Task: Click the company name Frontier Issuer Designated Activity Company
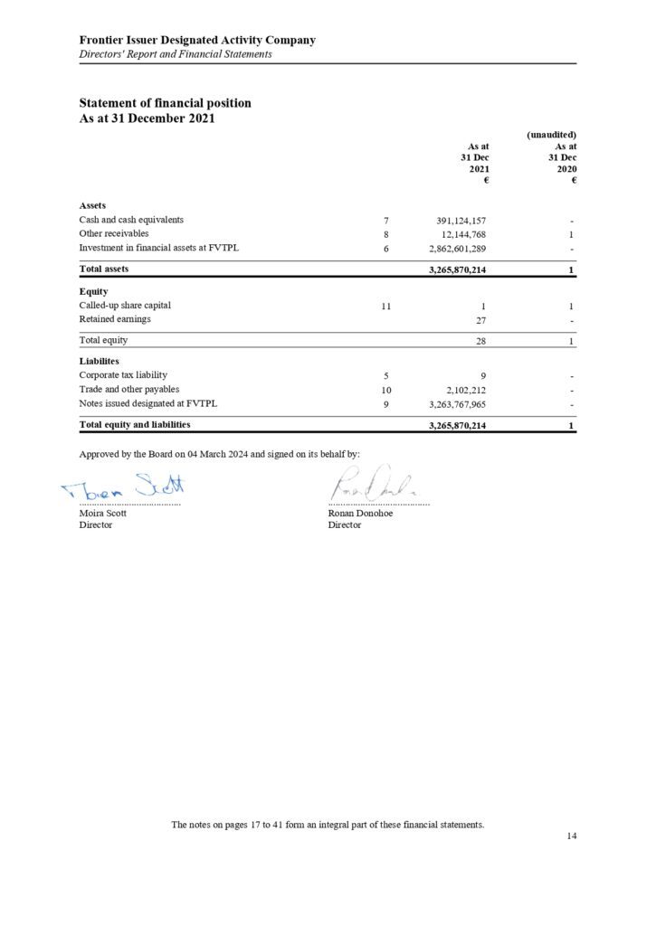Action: click(x=197, y=40)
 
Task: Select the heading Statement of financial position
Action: click(x=165, y=103)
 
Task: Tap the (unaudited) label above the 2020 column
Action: click(x=551, y=135)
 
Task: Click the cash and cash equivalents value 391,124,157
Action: click(x=461, y=220)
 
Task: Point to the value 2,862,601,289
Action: click(x=457, y=249)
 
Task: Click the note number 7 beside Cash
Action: click(x=385, y=220)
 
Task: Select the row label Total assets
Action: click(x=104, y=269)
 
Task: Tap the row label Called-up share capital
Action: click(x=125, y=306)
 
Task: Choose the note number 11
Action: click(x=385, y=307)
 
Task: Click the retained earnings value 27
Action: click(x=481, y=320)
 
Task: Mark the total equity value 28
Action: click(x=481, y=341)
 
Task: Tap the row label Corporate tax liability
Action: click(x=123, y=375)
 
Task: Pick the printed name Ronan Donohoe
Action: click(x=360, y=513)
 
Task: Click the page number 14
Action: click(x=571, y=836)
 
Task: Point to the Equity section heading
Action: click(x=93, y=291)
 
